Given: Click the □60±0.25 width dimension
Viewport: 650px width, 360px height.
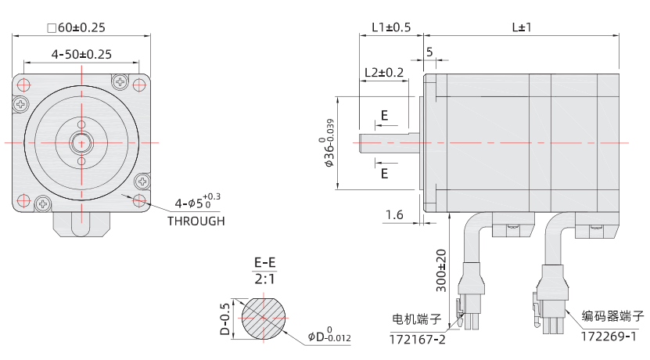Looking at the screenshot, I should click(x=76, y=28).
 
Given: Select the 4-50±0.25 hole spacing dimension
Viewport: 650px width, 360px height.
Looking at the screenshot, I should click(x=81, y=55).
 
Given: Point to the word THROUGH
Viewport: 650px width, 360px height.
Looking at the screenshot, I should click(x=196, y=221).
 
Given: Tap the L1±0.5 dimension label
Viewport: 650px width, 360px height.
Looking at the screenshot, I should click(x=390, y=27).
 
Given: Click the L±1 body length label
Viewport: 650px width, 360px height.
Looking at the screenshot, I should click(x=521, y=27).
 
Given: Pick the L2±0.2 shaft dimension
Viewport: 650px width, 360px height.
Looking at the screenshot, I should click(x=384, y=73).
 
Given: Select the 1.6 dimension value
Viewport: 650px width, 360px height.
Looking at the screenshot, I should click(x=394, y=214).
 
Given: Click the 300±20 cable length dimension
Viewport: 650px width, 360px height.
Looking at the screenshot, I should click(x=441, y=271).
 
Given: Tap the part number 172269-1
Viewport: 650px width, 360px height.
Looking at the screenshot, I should click(x=608, y=336).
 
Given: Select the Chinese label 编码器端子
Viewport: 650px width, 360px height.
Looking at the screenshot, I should click(x=612, y=317).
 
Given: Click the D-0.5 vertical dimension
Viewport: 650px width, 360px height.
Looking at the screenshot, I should click(x=224, y=319).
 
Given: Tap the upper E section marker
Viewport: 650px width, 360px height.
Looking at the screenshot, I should click(x=384, y=116).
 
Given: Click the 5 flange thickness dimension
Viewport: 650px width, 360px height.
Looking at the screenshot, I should click(x=429, y=52).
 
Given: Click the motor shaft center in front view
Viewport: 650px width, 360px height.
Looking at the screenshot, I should click(x=81, y=142).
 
